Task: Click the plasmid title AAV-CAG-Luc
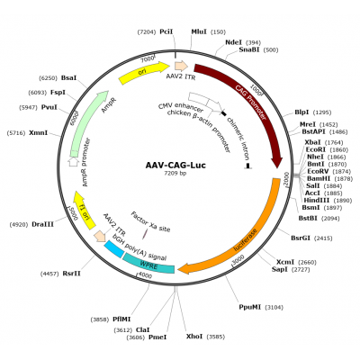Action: pos(175,165)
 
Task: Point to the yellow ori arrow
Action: pos(143,73)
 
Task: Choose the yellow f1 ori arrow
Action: pos(84,211)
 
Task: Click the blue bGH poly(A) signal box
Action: pos(114,249)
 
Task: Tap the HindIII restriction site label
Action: pos(317,200)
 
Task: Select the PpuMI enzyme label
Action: pos(250,307)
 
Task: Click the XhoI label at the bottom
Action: pos(194,337)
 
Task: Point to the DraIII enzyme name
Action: pos(43,224)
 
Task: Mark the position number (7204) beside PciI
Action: pos(147,31)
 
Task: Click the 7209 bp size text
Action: pos(175,174)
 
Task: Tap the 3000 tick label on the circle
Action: pos(238,259)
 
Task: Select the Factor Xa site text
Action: pos(150,221)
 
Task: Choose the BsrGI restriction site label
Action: pos(301,238)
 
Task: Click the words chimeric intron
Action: pos(238,139)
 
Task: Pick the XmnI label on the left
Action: pos(38,132)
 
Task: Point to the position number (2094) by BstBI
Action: pos(330,218)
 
